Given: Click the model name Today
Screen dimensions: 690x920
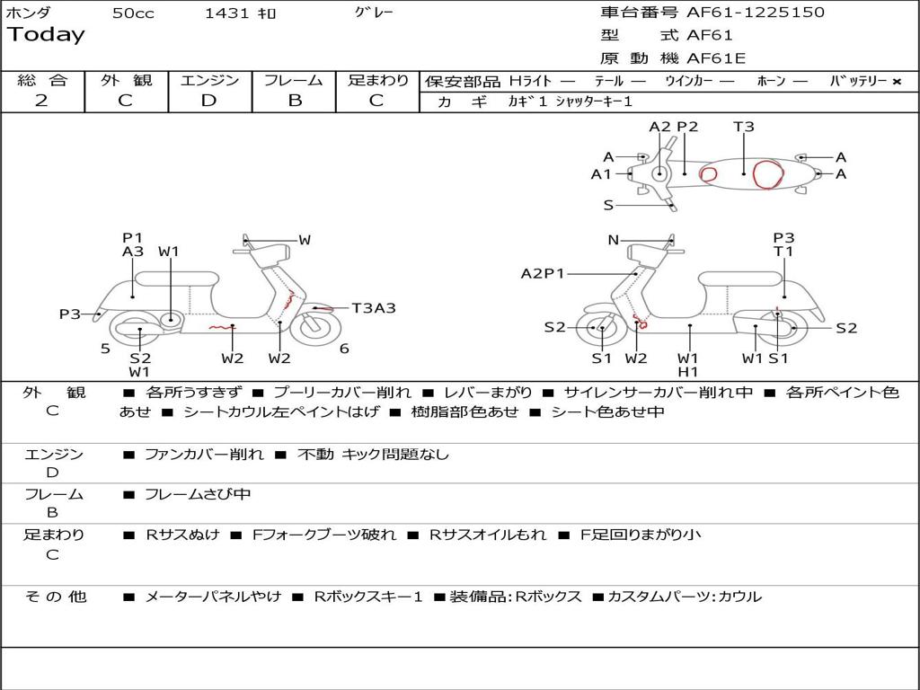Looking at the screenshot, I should click(46, 35).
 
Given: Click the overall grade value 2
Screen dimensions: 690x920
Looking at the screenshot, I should click(41, 101).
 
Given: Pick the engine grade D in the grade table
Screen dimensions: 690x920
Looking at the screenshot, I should click(209, 101).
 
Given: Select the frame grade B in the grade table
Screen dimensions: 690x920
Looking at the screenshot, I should click(294, 101).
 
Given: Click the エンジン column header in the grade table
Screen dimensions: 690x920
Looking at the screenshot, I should click(209, 81).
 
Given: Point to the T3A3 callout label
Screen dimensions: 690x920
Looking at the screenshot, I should click(373, 308).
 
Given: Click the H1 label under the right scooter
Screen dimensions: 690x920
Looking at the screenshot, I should click(688, 372).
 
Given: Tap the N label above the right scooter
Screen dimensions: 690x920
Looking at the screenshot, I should click(614, 240).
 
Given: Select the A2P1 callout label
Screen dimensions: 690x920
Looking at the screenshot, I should click(543, 273).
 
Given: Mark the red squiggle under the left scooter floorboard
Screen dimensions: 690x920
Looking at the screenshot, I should click(221, 328).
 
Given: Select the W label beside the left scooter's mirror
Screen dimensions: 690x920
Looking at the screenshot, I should click(305, 240).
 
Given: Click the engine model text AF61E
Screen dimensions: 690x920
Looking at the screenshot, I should click(716, 58).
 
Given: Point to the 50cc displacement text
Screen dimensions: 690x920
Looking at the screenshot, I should click(133, 13).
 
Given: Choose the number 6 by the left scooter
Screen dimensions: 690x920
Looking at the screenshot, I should click(344, 349).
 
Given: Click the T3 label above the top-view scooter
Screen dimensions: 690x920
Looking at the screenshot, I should click(744, 127).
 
